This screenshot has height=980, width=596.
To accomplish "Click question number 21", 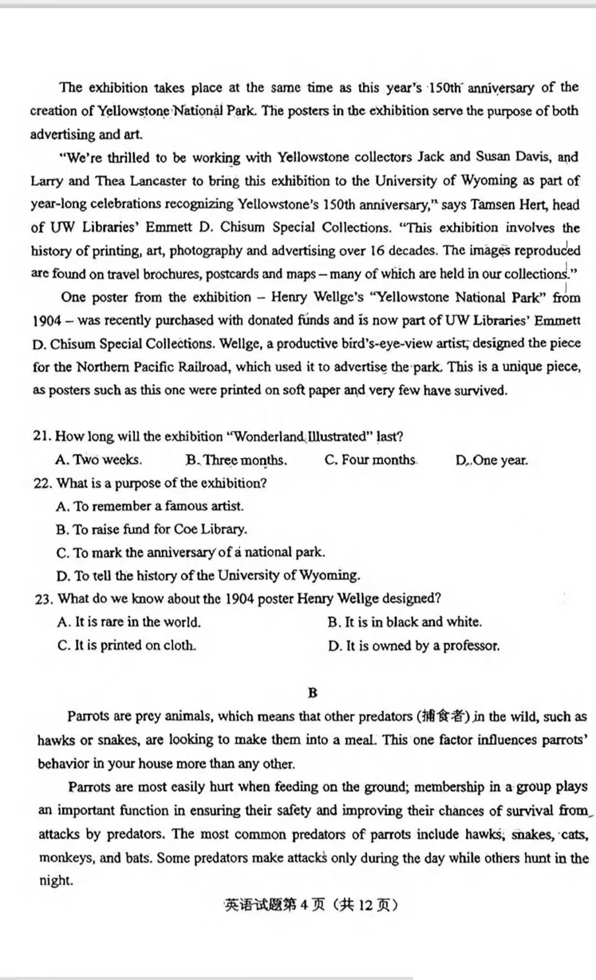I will coord(42,436).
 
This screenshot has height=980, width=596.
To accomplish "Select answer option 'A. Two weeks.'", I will coord(99,460).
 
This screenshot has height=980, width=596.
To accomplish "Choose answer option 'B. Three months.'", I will coord(236,460).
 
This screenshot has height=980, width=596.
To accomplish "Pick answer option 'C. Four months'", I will coord(370,460).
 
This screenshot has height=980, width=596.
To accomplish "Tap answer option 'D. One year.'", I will coord(492,460).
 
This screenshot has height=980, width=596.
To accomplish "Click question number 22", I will coord(42,483).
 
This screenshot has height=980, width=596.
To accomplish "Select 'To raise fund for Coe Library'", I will coord(152,529).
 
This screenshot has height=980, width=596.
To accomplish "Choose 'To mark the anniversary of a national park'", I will coord(191,553).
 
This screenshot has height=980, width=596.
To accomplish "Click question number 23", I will coord(43,599).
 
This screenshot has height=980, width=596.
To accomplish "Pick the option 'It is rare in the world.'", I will coord(129,622).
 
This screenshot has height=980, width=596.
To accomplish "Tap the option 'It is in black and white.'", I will coord(405,622).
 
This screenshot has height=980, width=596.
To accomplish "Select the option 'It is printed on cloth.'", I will coord(127,645).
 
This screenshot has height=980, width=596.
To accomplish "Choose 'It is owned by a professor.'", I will coord(414,646).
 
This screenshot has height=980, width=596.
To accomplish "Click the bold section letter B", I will coord(313,693).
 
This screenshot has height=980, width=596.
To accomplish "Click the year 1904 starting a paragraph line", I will coord(46,321).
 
